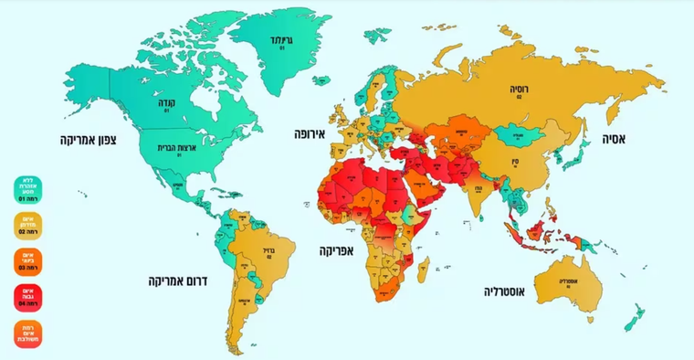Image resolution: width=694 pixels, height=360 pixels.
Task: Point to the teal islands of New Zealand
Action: click(x=632, y=315)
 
